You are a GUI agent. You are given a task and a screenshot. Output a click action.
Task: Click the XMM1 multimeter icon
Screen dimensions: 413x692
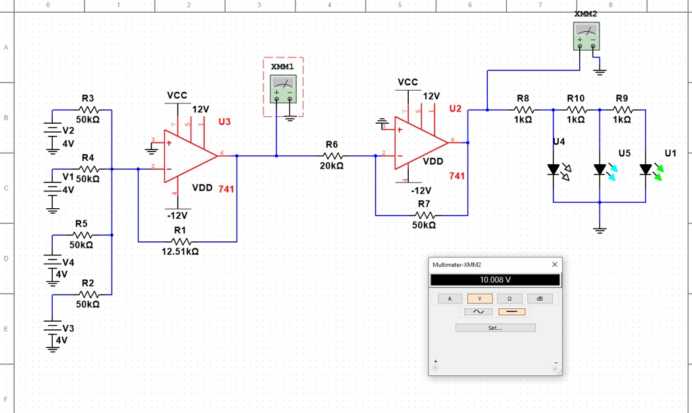[x=283, y=89]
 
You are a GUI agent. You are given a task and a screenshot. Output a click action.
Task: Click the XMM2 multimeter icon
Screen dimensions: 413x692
[x=586, y=36]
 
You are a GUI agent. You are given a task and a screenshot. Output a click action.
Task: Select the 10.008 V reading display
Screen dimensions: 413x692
[x=495, y=280]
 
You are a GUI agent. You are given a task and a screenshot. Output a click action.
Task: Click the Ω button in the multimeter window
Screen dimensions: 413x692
[x=510, y=298]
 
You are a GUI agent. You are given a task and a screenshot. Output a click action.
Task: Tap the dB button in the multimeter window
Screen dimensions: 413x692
[x=539, y=298]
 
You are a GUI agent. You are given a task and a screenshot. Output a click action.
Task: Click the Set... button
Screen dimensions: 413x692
[x=495, y=328]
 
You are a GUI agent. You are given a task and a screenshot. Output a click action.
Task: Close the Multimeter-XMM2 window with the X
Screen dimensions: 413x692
[x=555, y=264]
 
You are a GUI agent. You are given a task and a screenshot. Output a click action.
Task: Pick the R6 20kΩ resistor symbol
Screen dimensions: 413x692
[x=332, y=155]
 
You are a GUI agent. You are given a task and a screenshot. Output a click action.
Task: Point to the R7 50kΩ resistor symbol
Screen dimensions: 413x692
[x=424, y=215]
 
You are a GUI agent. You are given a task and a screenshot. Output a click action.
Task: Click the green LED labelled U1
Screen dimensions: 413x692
[x=646, y=169]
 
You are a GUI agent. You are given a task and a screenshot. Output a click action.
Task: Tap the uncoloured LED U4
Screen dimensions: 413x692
[x=553, y=169]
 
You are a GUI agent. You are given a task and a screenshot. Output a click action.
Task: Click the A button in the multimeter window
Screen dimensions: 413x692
[x=450, y=298]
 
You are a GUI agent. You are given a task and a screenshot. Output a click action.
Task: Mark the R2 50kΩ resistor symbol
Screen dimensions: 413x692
[x=89, y=295]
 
